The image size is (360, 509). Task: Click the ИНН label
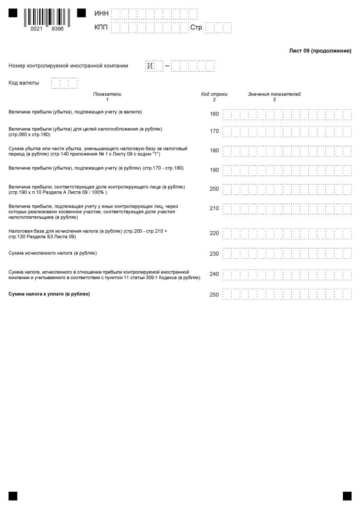click(102, 14)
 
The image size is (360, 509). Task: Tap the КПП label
click(102, 28)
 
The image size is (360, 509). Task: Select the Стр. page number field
click(219, 28)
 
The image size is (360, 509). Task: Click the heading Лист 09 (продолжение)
click(320, 51)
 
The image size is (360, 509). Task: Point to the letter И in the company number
click(150, 66)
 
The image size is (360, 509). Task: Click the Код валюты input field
click(64, 83)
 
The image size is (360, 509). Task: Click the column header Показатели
click(107, 94)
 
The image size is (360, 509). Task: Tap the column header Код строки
click(214, 94)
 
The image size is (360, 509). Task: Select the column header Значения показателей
click(274, 94)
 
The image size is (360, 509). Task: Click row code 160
click(214, 114)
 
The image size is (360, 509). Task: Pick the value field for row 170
click(287, 131)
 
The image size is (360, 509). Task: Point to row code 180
click(214, 150)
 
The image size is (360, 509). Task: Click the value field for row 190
click(287, 170)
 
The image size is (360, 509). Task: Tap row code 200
click(214, 189)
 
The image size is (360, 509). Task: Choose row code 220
click(214, 233)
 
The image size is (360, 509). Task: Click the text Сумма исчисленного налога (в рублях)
click(53, 253)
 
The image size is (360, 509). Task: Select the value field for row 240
click(287, 274)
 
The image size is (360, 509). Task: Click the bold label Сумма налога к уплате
click(49, 294)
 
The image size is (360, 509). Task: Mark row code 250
click(214, 295)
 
